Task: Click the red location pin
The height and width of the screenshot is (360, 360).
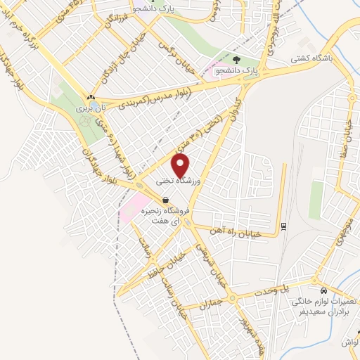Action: pos(181,165)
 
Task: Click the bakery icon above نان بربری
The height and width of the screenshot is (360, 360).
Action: pos(91,98)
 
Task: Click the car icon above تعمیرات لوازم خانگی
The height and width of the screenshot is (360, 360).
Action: pos(323,291)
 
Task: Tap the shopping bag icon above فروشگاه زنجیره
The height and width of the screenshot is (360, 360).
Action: pos(165,200)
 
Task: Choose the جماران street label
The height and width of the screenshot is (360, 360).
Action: pos(210,302)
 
